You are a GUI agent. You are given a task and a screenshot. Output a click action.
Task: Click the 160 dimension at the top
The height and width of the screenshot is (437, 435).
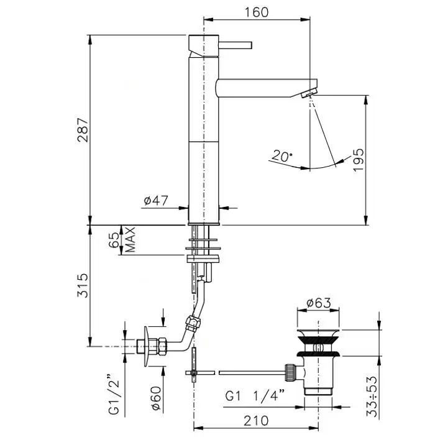(257, 12)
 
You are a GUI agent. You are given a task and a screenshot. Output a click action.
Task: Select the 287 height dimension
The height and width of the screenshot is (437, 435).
(83, 130)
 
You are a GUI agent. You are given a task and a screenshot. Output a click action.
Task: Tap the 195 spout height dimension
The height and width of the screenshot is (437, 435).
(359, 160)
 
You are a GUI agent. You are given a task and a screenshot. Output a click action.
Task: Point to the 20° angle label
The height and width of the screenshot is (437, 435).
(282, 156)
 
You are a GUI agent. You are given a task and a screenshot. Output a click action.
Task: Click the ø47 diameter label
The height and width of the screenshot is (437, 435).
(156, 200)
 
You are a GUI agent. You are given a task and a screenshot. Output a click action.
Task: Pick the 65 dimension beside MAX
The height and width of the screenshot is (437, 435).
(114, 240)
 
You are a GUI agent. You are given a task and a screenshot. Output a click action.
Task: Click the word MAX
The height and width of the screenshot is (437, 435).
(130, 240)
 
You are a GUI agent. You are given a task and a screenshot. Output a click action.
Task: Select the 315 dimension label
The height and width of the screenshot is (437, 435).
(83, 285)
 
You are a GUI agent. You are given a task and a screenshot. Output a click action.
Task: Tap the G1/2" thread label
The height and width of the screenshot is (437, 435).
(114, 395)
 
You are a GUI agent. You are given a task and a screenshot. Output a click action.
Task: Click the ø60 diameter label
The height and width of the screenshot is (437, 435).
(157, 398)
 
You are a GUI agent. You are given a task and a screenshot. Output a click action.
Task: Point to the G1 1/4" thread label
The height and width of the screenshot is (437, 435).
(255, 396)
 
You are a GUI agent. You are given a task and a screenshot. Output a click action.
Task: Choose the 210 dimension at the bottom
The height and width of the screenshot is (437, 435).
(256, 421)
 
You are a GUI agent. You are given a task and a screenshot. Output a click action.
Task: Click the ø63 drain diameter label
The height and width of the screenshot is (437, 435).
(319, 303)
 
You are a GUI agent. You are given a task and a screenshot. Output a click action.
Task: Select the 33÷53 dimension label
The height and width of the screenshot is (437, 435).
(372, 397)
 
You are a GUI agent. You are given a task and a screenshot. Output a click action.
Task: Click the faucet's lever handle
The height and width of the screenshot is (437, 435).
(236, 45)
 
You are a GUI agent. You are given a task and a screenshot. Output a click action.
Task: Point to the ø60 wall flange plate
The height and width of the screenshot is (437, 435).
(147, 346)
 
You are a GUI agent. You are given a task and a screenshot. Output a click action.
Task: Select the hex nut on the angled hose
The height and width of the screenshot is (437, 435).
(193, 323)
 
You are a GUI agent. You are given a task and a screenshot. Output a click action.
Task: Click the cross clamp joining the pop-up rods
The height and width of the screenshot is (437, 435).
(193, 372)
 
